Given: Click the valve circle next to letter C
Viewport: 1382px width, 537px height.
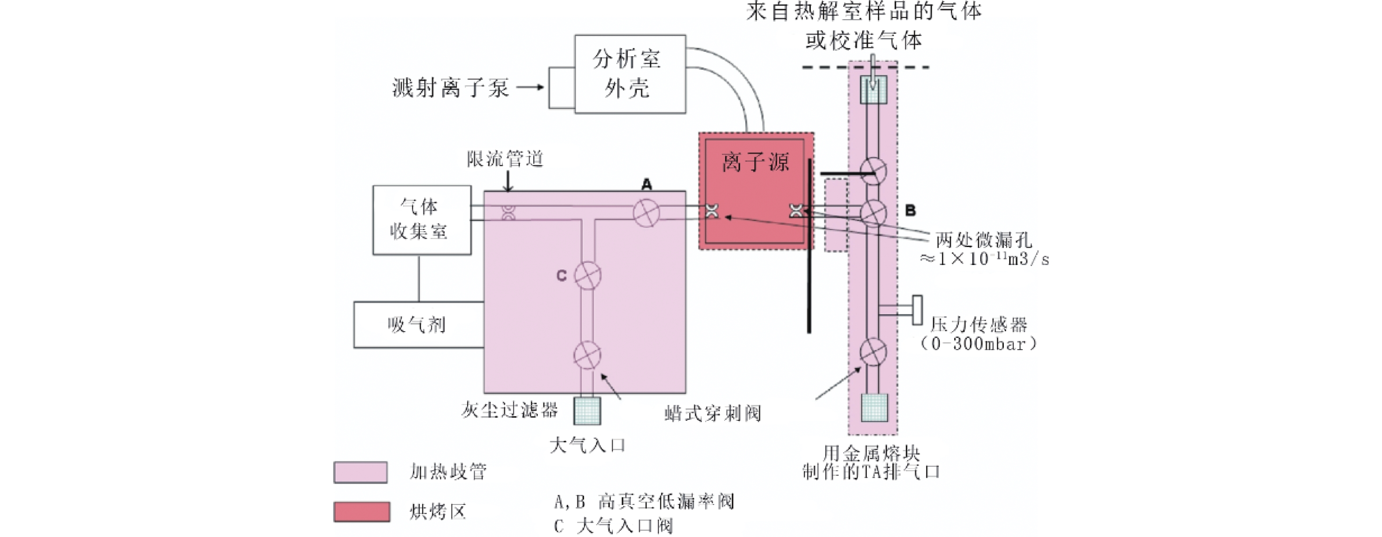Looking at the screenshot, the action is point(587,275).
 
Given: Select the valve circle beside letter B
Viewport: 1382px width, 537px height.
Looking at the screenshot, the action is point(874,212).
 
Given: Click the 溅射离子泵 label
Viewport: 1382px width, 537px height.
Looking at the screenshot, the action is point(451,87).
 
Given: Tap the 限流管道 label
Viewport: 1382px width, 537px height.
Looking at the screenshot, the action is point(505,159).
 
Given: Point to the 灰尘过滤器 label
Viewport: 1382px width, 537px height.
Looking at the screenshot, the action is point(509,410).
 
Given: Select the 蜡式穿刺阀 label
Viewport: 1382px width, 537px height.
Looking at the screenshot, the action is point(712,413).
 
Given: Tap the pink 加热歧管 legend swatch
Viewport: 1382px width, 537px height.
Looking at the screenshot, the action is point(361,472).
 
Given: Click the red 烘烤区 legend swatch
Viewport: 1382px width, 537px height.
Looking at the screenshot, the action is point(362,512).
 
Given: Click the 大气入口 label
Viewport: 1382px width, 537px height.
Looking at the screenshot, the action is point(587,445).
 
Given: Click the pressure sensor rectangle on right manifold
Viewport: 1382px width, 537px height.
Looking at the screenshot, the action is point(917,310).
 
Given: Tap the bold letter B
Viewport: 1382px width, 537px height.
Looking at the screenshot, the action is point(910,210).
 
